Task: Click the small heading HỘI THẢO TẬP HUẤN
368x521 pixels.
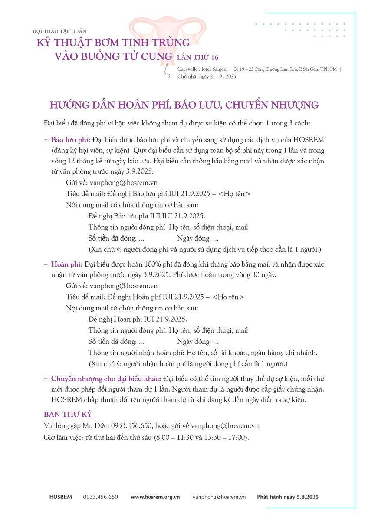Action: tap(59, 31)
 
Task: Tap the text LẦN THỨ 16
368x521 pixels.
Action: tap(197, 57)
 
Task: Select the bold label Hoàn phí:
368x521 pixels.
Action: tap(67, 264)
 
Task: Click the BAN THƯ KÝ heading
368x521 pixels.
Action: tap(68, 415)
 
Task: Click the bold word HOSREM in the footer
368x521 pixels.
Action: tap(61, 497)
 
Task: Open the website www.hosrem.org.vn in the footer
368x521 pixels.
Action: tap(155, 497)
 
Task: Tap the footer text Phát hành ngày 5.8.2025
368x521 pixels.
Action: tap(288, 497)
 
